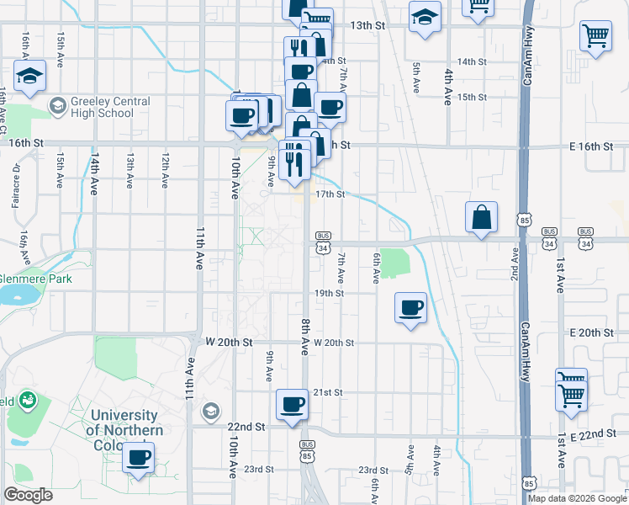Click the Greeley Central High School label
click(110, 107)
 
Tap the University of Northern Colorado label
click(124, 429)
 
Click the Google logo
click(28, 495)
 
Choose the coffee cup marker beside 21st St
click(293, 404)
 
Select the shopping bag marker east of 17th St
click(481, 217)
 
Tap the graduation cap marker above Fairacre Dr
click(30, 77)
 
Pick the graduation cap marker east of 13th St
click(425, 16)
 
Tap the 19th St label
click(329, 293)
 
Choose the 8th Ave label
click(304, 333)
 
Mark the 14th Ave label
click(96, 171)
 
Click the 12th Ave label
click(165, 171)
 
